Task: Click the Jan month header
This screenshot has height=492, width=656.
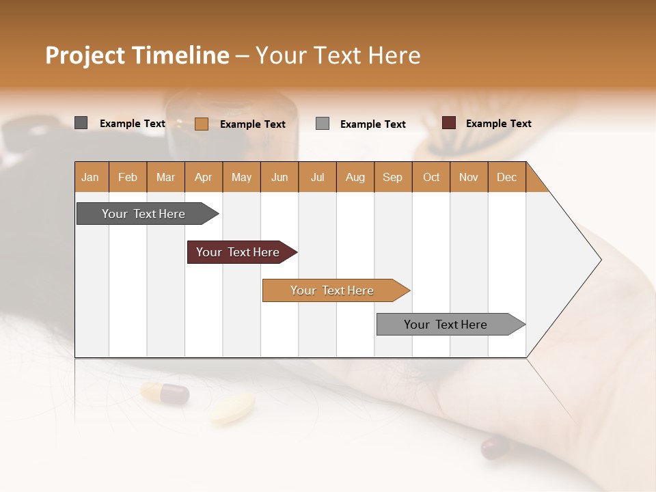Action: pyautogui.click(x=91, y=177)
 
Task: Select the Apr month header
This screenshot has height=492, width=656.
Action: pyautogui.click(x=204, y=177)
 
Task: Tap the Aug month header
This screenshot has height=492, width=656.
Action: pyautogui.click(x=355, y=177)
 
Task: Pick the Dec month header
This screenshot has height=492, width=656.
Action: pyautogui.click(x=507, y=177)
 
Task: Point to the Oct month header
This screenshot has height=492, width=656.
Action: pyautogui.click(x=431, y=177)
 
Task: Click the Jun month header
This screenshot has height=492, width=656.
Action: pyautogui.click(x=279, y=177)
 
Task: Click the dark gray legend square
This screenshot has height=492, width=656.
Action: pyautogui.click(x=81, y=123)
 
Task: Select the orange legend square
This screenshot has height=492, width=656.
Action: pyautogui.click(x=202, y=124)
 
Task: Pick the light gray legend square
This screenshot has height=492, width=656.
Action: pyautogui.click(x=323, y=124)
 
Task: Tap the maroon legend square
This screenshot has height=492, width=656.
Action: pyautogui.click(x=449, y=123)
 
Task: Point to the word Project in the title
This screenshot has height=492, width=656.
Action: pyautogui.click(x=85, y=55)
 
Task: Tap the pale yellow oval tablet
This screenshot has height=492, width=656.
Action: pyautogui.click(x=232, y=408)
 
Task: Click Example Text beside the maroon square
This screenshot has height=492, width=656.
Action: pyautogui.click(x=498, y=124)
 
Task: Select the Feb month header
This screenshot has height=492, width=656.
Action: pyautogui.click(x=128, y=177)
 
